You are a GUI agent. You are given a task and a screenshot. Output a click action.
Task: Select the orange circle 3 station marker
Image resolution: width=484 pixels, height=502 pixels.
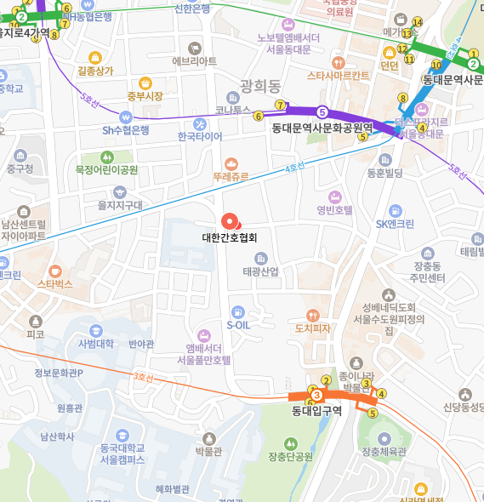pyautogui.click(x=316, y=395)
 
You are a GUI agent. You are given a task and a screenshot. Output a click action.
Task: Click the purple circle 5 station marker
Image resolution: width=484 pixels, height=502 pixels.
pyautogui.click(x=322, y=111)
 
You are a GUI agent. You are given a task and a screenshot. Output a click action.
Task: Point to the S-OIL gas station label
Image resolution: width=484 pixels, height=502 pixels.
pyautogui.click(x=238, y=324)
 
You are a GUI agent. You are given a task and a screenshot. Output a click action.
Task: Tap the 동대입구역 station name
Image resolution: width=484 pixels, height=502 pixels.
pyautogui.click(x=316, y=411)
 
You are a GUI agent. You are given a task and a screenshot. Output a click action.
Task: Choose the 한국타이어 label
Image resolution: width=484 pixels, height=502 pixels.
pyautogui.click(x=200, y=136)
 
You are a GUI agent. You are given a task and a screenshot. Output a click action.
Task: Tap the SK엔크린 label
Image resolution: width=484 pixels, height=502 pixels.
pyautogui.click(x=395, y=224)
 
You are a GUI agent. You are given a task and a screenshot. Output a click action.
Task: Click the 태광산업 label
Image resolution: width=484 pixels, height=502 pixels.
pyautogui.click(x=260, y=271)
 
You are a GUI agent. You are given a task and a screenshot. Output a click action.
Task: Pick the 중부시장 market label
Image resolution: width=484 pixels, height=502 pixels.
pyautogui.click(x=145, y=95)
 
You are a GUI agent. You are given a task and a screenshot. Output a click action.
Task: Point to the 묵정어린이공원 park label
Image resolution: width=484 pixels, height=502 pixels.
pyautogui.click(x=106, y=169)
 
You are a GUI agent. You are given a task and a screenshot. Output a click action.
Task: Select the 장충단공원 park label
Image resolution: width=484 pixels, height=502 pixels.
pyautogui.click(x=291, y=457)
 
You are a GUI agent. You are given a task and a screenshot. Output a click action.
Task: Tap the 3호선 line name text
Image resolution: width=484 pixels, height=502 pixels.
pyautogui.click(x=146, y=376)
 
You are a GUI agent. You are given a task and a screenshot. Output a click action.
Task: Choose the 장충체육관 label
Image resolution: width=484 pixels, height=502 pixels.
pyautogui.click(x=385, y=451)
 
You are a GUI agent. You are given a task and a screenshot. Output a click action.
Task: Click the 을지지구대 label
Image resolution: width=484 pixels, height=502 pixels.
pyautogui.click(x=120, y=204)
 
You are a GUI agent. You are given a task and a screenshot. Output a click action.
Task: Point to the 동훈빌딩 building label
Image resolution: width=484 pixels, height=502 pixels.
pyautogui.click(x=384, y=173)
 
